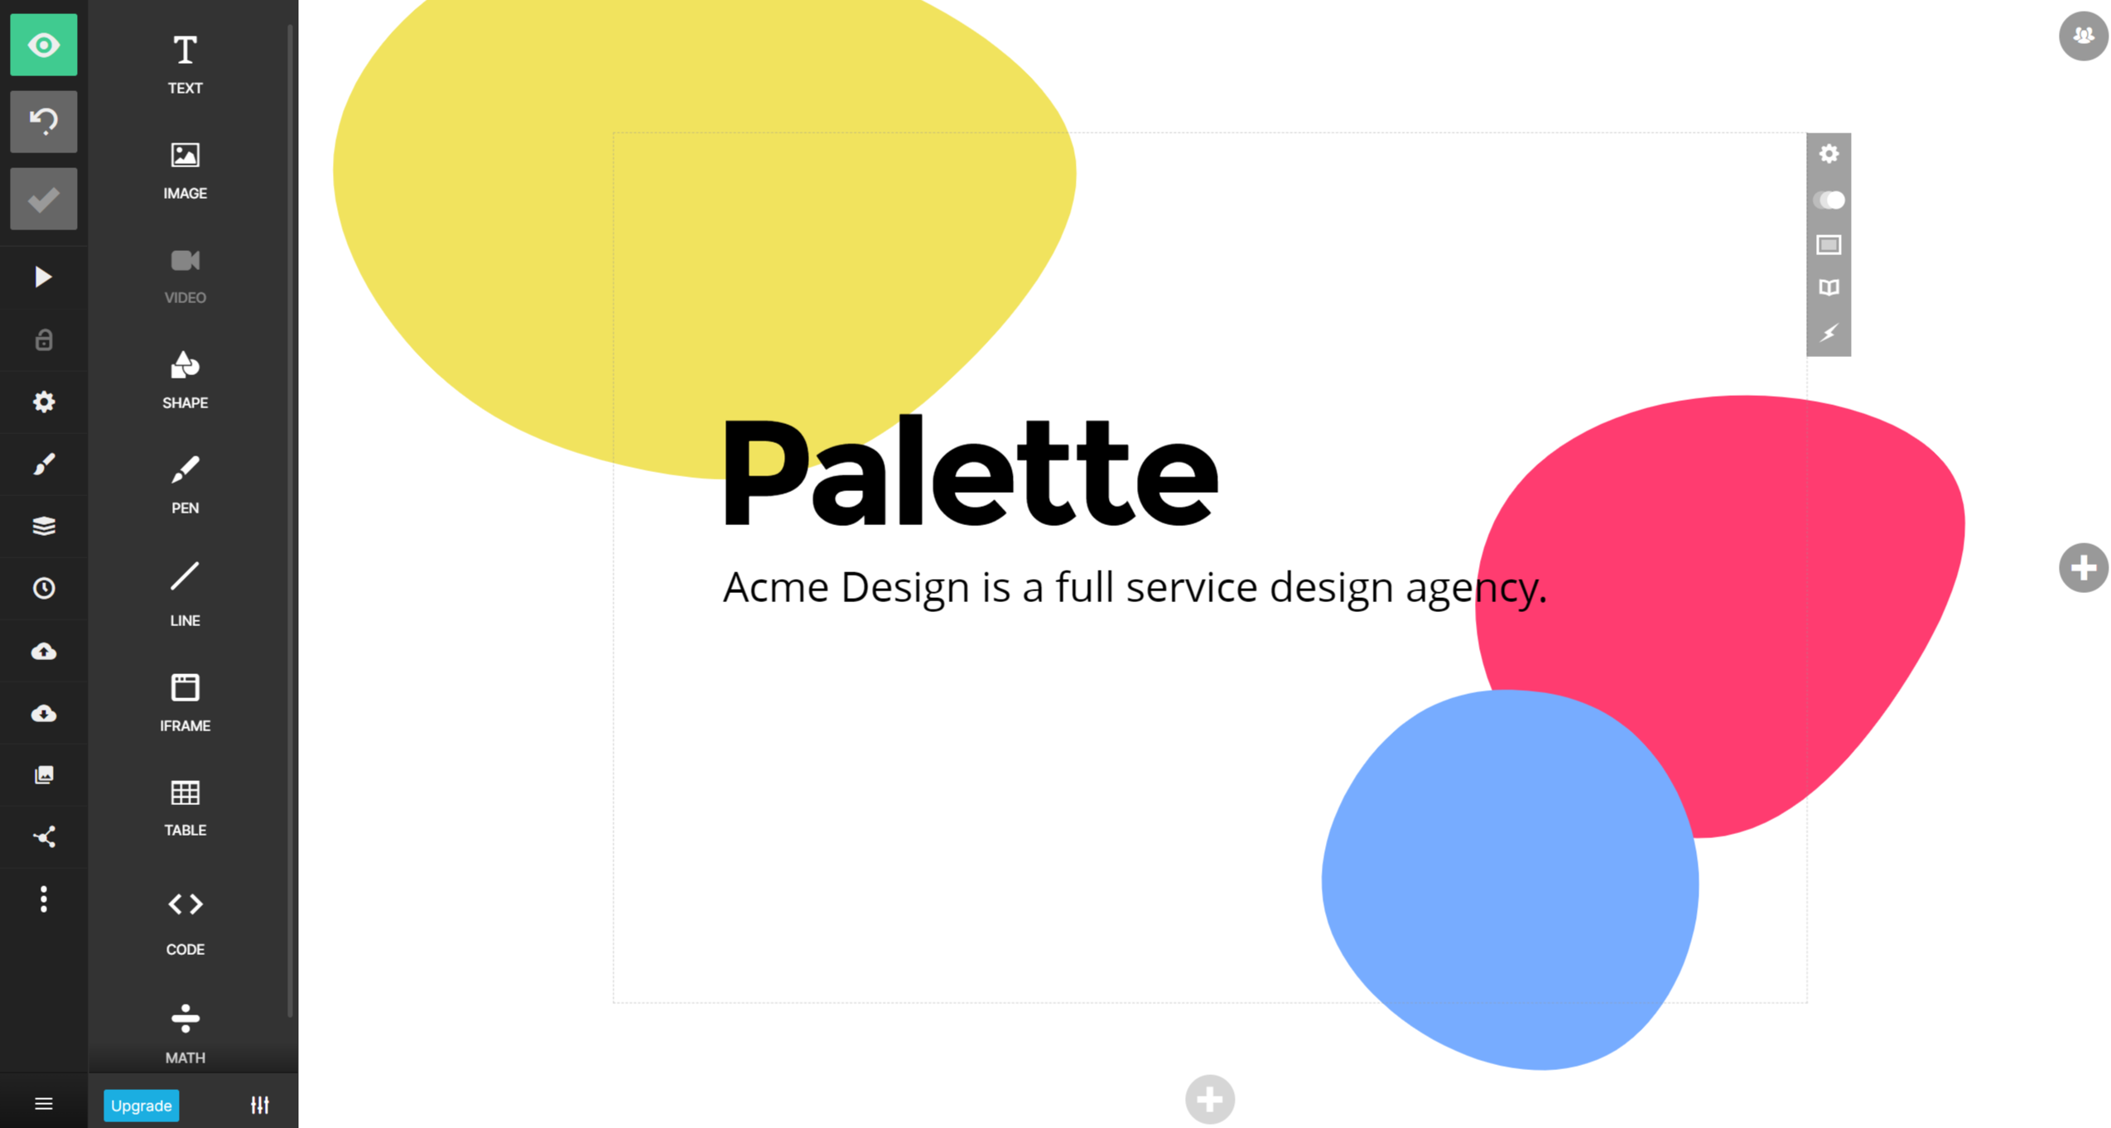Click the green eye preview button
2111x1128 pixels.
[x=43, y=45]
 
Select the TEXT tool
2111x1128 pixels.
[x=185, y=63]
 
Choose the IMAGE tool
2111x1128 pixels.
[x=185, y=168]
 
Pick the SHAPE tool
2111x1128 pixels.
[x=185, y=378]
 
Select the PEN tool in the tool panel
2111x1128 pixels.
[x=185, y=484]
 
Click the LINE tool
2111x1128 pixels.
[x=185, y=592]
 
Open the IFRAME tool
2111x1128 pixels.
[x=185, y=701]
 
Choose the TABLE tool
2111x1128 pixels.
[x=185, y=806]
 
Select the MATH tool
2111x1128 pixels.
[x=185, y=1031]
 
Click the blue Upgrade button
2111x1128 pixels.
[x=141, y=1105]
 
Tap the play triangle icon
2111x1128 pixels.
[x=43, y=277]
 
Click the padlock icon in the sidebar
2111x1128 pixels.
[x=43, y=340]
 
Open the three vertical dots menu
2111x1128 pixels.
[x=43, y=899]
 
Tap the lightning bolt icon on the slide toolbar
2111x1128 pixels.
[x=1828, y=333]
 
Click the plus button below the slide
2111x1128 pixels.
[x=1209, y=1099]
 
